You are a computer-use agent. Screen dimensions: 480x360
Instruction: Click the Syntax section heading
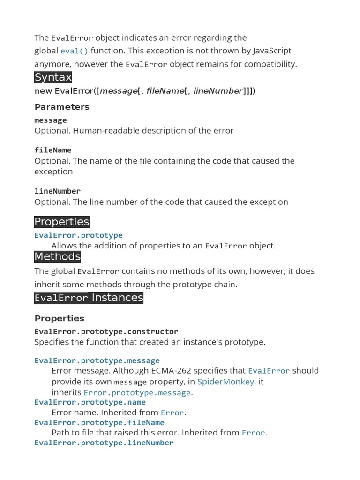(x=53, y=77)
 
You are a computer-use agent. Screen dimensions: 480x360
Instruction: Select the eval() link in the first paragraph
(x=74, y=51)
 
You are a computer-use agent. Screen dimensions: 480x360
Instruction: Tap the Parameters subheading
(x=62, y=107)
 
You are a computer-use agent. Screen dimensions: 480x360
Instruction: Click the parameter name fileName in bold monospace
(x=53, y=150)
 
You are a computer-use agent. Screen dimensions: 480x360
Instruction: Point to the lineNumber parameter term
(x=57, y=191)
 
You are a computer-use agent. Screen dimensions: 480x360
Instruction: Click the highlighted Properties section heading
(x=61, y=222)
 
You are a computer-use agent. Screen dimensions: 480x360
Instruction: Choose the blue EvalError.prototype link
(x=78, y=235)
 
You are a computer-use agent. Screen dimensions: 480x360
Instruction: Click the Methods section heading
(x=58, y=256)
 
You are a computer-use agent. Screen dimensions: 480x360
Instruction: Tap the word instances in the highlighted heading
(x=117, y=298)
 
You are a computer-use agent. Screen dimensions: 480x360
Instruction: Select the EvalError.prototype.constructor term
(x=106, y=331)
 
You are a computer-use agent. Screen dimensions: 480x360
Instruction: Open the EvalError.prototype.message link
(x=97, y=360)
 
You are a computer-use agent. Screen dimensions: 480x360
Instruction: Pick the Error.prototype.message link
(x=137, y=393)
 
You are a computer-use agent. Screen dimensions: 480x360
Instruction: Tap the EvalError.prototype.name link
(x=90, y=402)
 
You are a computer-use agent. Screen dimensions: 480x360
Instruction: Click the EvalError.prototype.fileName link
(x=99, y=423)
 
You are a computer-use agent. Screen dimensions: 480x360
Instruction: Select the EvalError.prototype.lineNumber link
(x=104, y=443)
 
